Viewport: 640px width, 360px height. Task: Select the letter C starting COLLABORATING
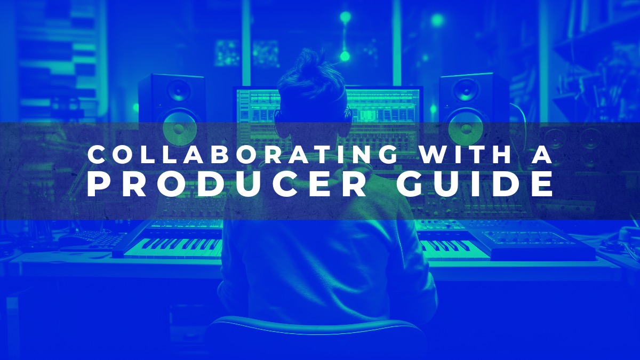click(x=96, y=155)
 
